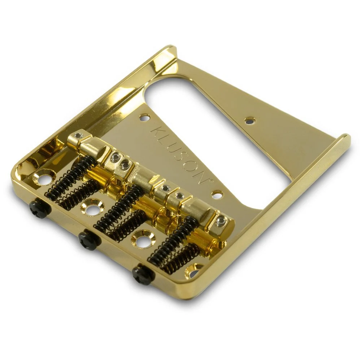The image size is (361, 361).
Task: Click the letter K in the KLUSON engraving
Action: click(156, 130)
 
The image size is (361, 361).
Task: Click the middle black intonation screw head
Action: click(88, 239)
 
